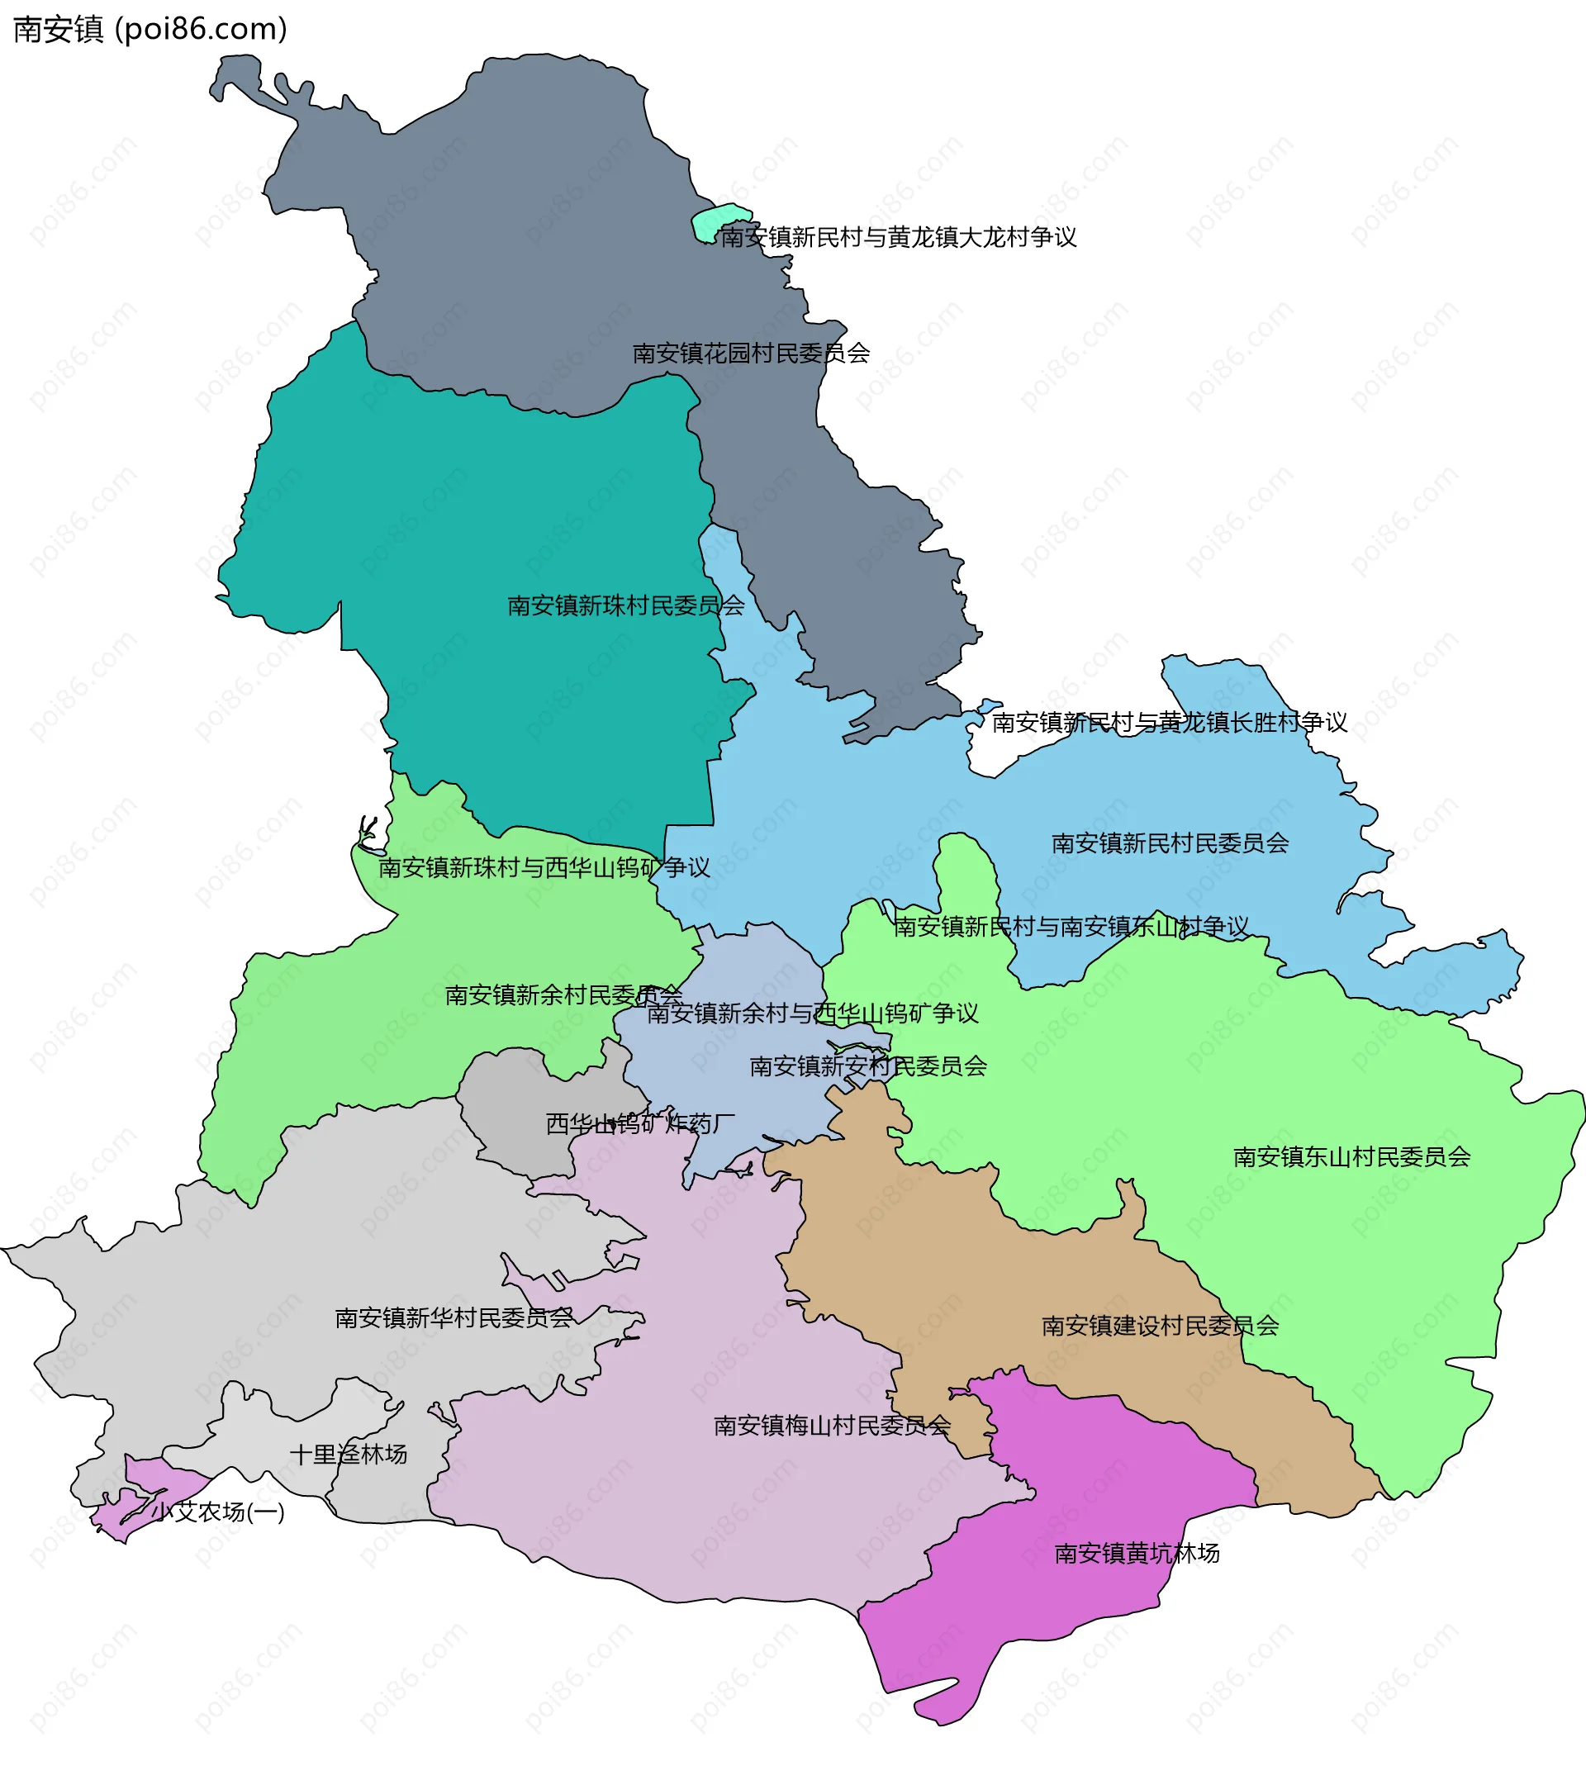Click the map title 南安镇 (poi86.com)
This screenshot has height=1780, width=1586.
point(150,30)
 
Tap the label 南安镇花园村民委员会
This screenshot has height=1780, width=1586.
point(750,354)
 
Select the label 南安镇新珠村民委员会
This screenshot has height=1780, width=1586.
point(625,606)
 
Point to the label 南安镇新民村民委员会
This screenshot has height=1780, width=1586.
point(1170,843)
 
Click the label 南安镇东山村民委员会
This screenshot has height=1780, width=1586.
point(1351,1157)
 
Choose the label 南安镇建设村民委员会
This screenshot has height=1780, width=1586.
point(1160,1326)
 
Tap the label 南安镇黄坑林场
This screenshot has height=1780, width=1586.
point(1137,1554)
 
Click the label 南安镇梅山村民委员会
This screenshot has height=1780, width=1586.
point(831,1426)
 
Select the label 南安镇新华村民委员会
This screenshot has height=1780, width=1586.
point(454,1318)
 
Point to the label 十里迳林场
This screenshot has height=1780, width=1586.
point(348,1454)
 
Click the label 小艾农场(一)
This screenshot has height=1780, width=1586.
point(218,1512)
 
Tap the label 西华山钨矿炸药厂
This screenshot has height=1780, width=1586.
point(639,1124)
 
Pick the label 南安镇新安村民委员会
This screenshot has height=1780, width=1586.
point(868,1066)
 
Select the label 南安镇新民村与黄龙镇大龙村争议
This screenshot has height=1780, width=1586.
point(898,237)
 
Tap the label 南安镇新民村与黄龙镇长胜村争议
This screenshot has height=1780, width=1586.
point(1169,722)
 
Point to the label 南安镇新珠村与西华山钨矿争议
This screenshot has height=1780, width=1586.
point(544,868)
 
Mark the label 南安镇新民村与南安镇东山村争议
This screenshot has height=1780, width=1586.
point(1071,926)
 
